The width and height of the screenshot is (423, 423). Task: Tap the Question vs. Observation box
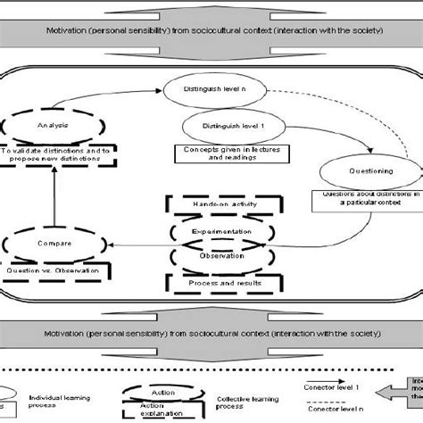click(57, 269)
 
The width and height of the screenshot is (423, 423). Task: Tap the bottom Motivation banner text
click(210, 332)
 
